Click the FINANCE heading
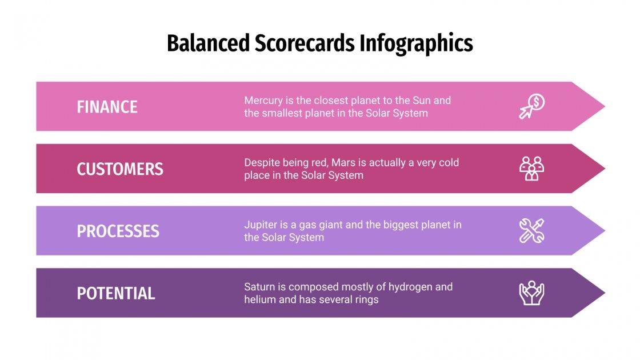[107, 107]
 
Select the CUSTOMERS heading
[120, 169]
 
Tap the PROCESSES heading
[118, 231]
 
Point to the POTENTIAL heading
[116, 293]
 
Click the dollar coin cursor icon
[531, 106]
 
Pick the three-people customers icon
[531, 169]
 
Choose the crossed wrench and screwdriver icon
[531, 231]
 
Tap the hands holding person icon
[531, 293]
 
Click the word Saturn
[260, 287]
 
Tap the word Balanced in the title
[209, 43]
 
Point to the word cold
[448, 163]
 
